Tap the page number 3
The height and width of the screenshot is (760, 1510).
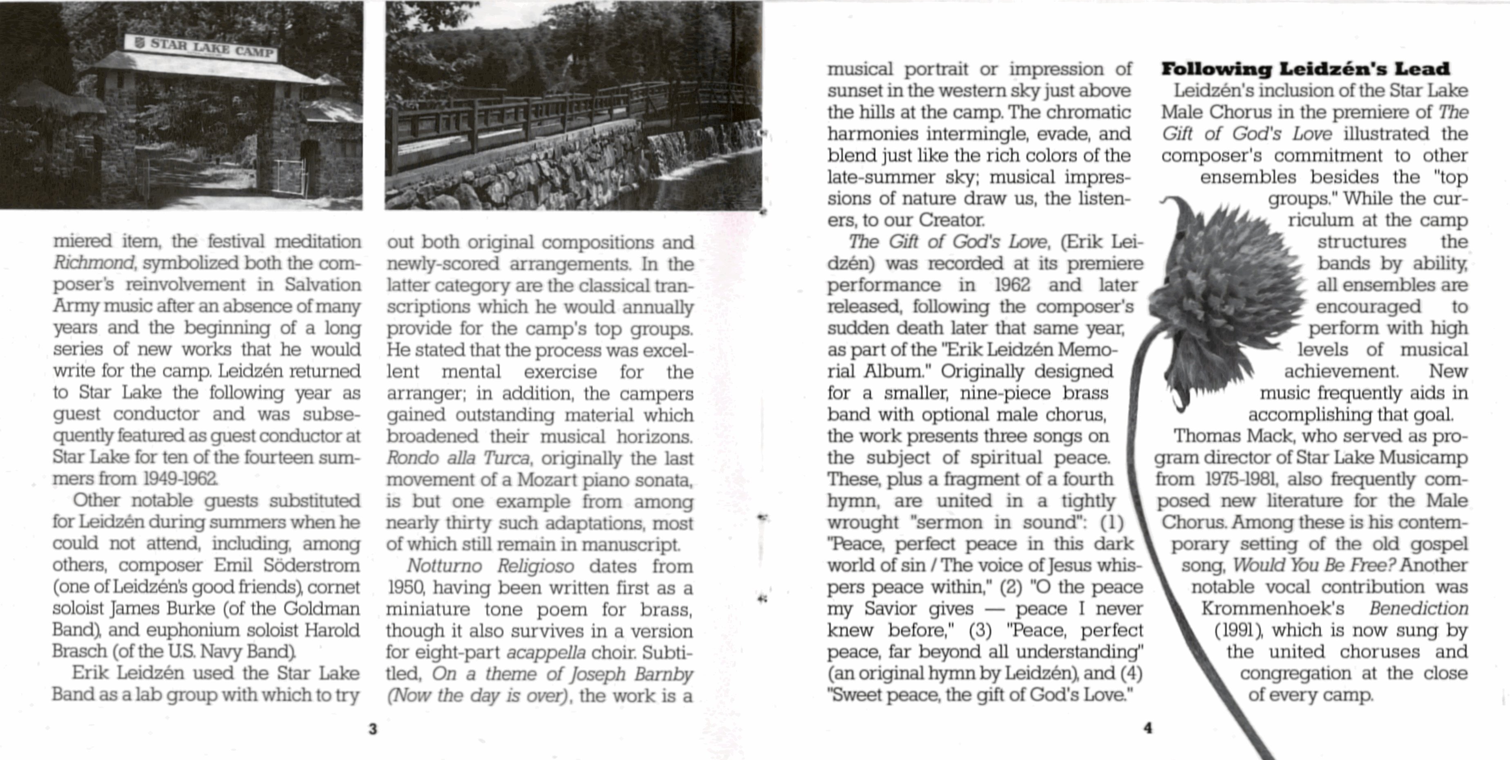click(x=373, y=729)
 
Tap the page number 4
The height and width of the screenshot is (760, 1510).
click(x=1148, y=728)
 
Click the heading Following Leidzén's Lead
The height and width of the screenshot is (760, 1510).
click(x=1305, y=69)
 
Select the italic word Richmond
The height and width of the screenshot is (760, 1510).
click(x=94, y=262)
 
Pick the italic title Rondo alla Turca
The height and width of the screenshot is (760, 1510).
click(x=458, y=458)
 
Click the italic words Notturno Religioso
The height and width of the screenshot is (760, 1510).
click(x=490, y=566)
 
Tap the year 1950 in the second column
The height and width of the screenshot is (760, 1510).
click(x=402, y=588)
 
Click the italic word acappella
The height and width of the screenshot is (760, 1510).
click(x=546, y=652)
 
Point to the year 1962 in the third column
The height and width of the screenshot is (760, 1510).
click(x=1012, y=285)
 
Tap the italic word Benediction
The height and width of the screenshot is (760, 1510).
click(x=1418, y=608)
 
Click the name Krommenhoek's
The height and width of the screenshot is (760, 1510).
click(x=1273, y=608)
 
